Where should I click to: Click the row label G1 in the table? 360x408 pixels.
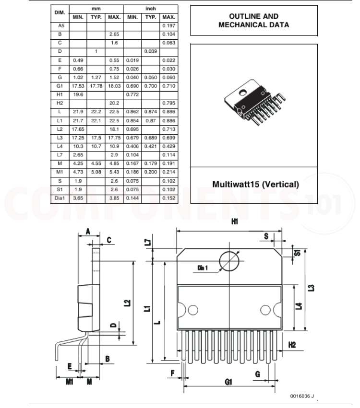coord(60,86)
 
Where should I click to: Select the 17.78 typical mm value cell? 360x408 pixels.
coord(96,86)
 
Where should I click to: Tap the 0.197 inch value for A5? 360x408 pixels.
coord(168,25)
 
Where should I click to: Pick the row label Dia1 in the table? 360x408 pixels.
coord(60,198)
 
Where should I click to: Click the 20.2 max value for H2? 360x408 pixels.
coord(114,103)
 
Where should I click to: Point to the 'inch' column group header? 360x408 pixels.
coord(150,9)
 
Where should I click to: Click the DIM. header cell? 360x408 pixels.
coord(60,12)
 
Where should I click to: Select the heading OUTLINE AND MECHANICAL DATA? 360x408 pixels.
coord(253,21)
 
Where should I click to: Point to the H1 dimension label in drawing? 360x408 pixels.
coord(235,221)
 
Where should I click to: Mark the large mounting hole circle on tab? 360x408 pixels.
coord(229,261)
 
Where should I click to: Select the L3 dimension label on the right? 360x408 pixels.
coord(312,288)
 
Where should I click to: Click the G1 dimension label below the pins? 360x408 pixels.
coord(228,382)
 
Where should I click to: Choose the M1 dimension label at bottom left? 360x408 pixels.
coord(69,382)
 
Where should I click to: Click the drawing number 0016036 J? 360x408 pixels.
coord(302,396)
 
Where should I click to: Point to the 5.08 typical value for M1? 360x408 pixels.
coord(96,172)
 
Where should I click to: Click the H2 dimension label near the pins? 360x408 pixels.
coord(292,344)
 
